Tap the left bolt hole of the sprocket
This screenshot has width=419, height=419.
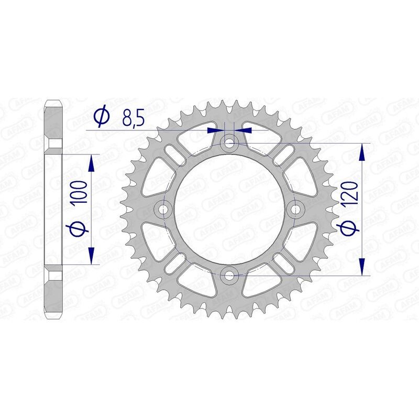164,209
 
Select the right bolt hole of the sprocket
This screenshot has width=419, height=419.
296,209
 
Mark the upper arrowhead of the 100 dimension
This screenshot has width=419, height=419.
92,164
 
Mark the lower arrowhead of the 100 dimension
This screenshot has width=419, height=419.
92,255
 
